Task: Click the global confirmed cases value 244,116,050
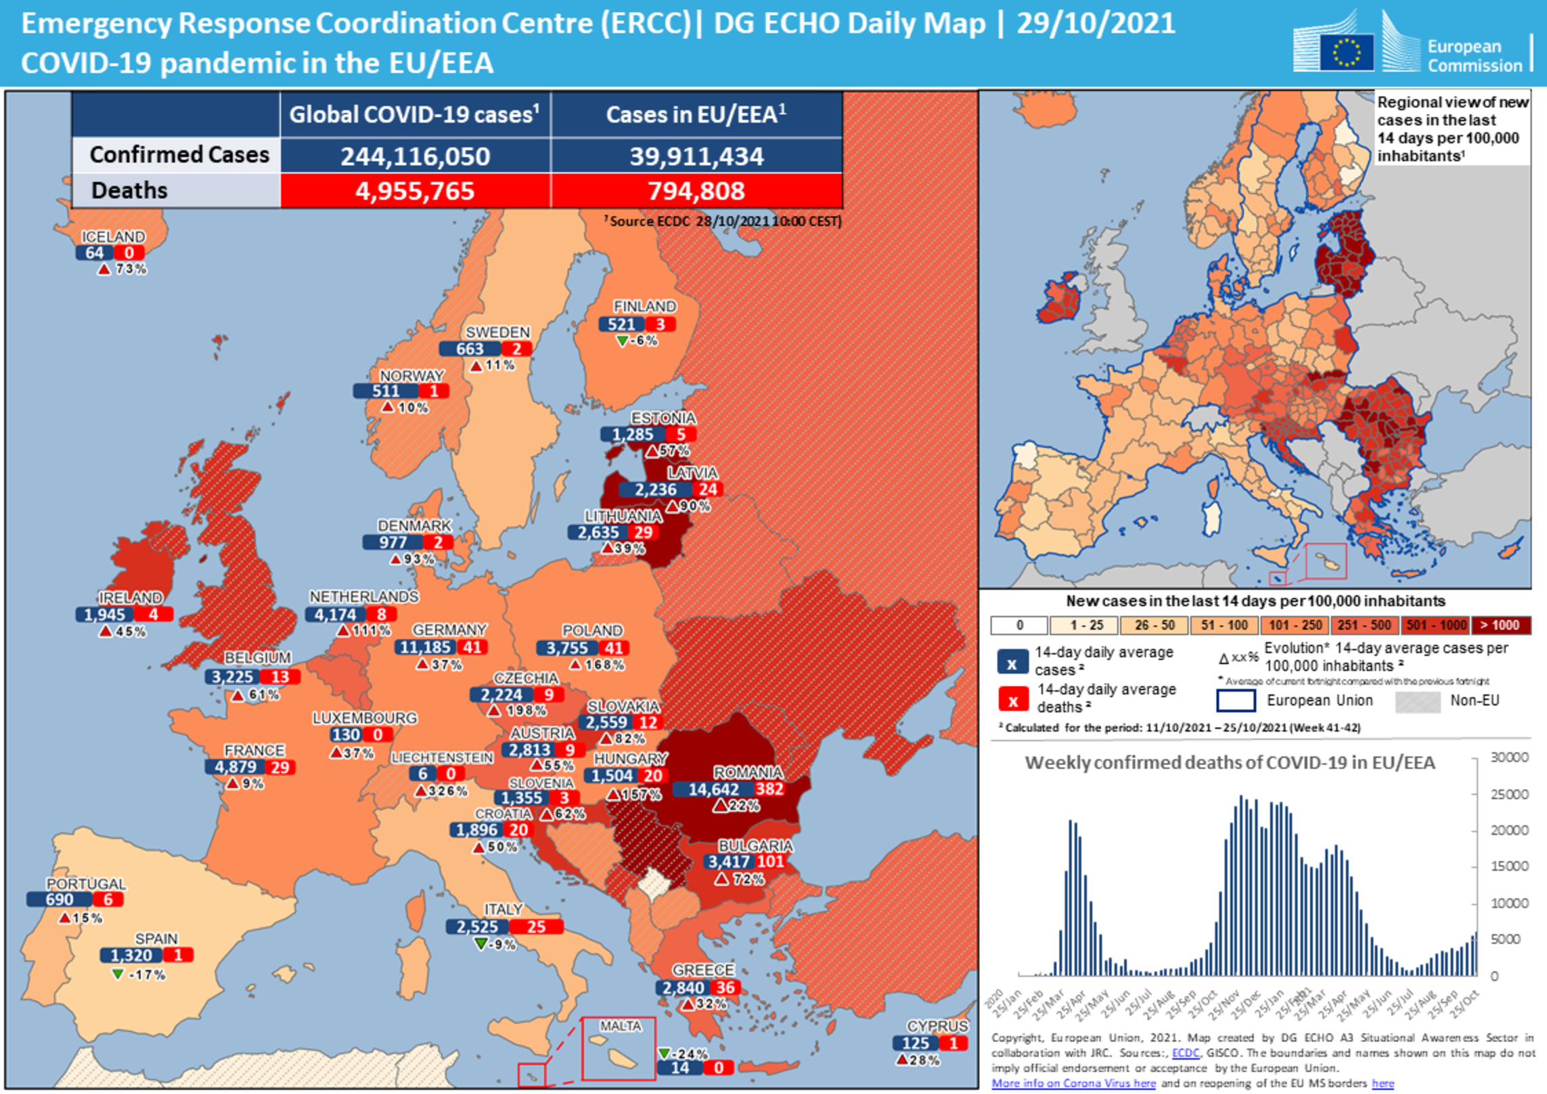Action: [x=415, y=156]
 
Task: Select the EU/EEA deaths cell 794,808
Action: [x=696, y=191]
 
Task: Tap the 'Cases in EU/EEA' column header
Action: [x=696, y=114]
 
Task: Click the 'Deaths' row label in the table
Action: [x=129, y=190]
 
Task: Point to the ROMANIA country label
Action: [x=748, y=772]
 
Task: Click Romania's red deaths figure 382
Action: [x=769, y=789]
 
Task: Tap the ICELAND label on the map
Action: [x=113, y=236]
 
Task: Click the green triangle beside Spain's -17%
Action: [x=118, y=973]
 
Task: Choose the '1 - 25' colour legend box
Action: [x=1086, y=625]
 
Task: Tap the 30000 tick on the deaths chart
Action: [x=1509, y=757]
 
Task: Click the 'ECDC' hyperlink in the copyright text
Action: [x=1185, y=1053]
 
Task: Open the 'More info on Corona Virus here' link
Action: [x=1073, y=1083]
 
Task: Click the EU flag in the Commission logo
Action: [x=1346, y=52]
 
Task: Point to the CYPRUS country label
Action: [x=937, y=1026]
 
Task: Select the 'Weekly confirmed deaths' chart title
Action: [x=1229, y=763]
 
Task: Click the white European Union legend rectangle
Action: [x=1236, y=701]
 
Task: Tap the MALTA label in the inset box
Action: [x=620, y=1026]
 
